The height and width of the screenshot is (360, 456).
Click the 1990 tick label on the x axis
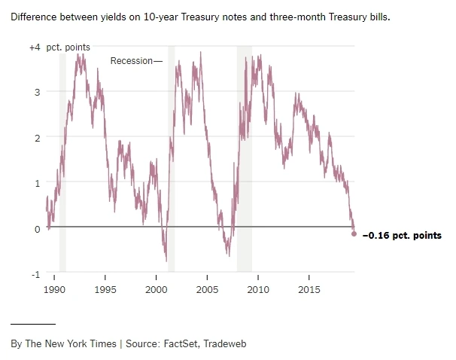55,289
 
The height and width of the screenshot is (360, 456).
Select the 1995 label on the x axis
105,289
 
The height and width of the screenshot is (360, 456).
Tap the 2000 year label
156,289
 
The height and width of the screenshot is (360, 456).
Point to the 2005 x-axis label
207,289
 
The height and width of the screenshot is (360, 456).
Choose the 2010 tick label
258,289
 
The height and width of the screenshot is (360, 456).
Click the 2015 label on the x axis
309,289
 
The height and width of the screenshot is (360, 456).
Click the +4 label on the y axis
35,47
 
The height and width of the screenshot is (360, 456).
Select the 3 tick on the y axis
37,92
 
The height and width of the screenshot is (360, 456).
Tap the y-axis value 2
37,138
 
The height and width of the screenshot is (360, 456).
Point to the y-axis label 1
37,183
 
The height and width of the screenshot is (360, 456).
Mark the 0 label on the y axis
37,229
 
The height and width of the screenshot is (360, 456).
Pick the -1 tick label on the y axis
35,274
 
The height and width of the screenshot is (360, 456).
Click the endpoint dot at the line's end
354,234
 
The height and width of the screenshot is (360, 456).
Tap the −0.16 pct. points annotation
402,236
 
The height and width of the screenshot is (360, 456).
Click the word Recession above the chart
131,61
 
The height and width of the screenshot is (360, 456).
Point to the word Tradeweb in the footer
225,344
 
